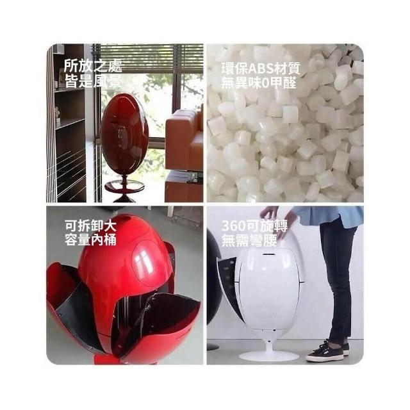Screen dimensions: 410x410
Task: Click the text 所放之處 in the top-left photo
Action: [x=93, y=65]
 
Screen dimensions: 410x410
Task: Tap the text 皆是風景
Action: [x=93, y=81]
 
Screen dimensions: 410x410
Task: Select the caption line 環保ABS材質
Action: [x=261, y=69]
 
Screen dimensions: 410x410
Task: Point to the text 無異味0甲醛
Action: [x=259, y=83]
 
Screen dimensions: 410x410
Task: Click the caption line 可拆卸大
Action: [x=90, y=225]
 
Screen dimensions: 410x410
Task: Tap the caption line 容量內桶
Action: [x=90, y=240]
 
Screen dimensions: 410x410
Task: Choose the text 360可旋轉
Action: [x=254, y=225]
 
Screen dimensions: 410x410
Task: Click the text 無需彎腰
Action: [x=249, y=240]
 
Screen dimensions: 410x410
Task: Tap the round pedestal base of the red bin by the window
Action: [x=124, y=187]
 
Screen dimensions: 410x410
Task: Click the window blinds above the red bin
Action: [x=151, y=58]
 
